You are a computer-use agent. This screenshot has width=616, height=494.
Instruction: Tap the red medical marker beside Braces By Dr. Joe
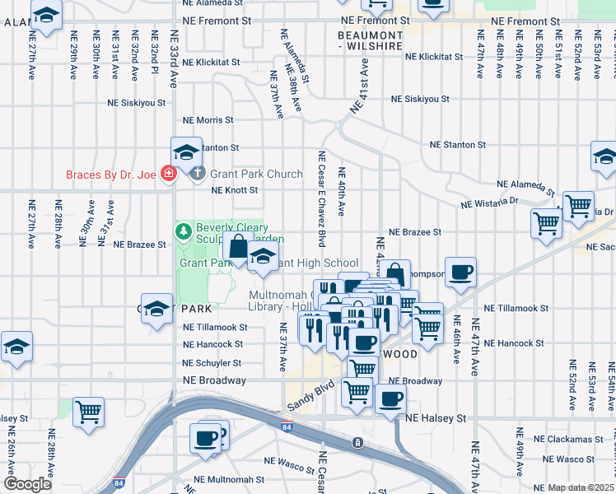click(169, 174)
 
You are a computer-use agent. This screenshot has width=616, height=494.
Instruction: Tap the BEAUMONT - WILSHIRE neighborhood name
click(371, 40)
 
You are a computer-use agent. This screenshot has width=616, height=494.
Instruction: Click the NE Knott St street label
click(235, 190)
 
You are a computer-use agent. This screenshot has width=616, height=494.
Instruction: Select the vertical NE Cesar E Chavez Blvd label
click(323, 197)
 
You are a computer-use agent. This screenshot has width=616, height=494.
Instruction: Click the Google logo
click(27, 484)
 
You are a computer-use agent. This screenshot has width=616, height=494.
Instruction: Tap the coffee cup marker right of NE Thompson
click(461, 273)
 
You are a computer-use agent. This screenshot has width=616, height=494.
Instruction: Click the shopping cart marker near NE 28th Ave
click(88, 411)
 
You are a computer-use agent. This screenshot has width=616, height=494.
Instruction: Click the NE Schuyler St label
click(212, 363)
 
